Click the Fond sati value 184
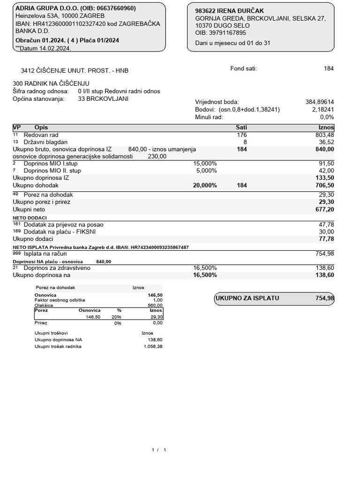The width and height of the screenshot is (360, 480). (x=329, y=68)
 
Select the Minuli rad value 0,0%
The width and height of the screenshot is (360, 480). (x=327, y=117)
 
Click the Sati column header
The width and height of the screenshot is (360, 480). (x=241, y=127)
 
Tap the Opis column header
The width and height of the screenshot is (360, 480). (x=41, y=127)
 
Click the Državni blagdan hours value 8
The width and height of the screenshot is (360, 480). (x=245, y=142)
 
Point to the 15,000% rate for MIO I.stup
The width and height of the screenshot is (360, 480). (x=205, y=164)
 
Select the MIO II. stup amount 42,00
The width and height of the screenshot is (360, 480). (x=326, y=171)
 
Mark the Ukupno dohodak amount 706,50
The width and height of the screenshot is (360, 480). (x=324, y=185)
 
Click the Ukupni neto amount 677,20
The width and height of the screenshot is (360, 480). (x=324, y=209)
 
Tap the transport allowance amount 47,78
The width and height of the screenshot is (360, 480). (x=326, y=225)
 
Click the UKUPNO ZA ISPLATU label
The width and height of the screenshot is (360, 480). (x=247, y=298)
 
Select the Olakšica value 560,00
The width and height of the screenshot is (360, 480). (x=155, y=305)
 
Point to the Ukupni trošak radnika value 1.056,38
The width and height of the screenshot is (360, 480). (x=153, y=346)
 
